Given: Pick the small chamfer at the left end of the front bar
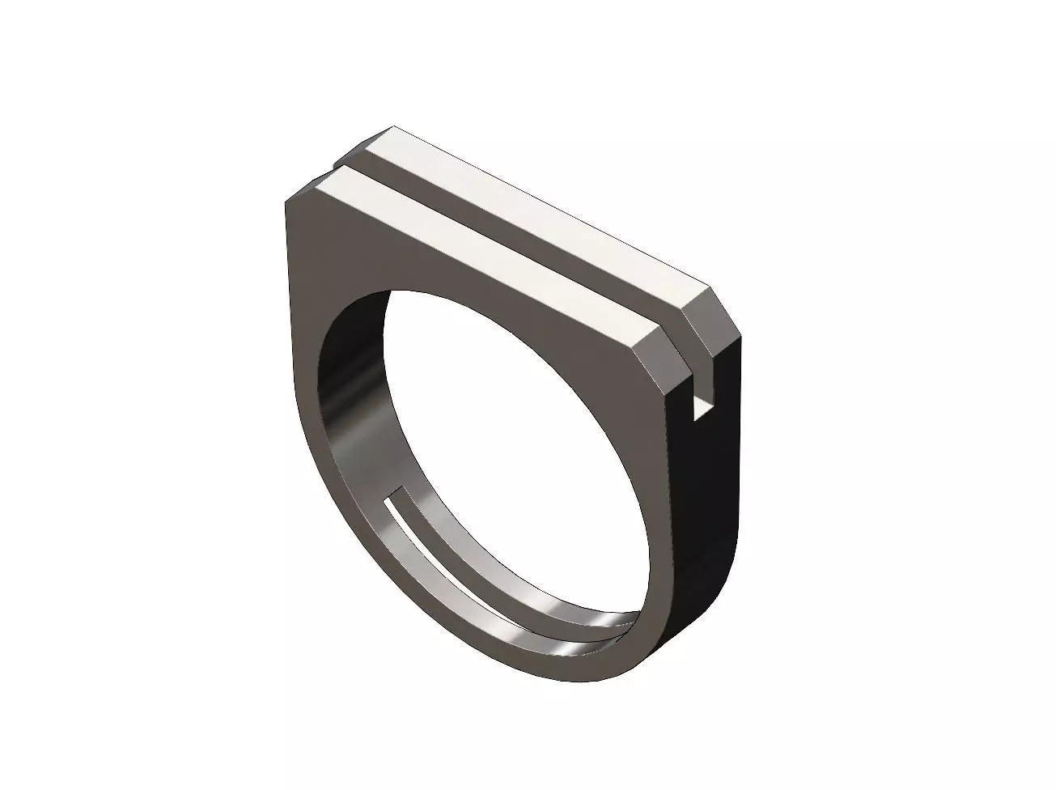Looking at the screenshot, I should point(303,191).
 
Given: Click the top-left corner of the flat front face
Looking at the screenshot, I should point(289,202).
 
